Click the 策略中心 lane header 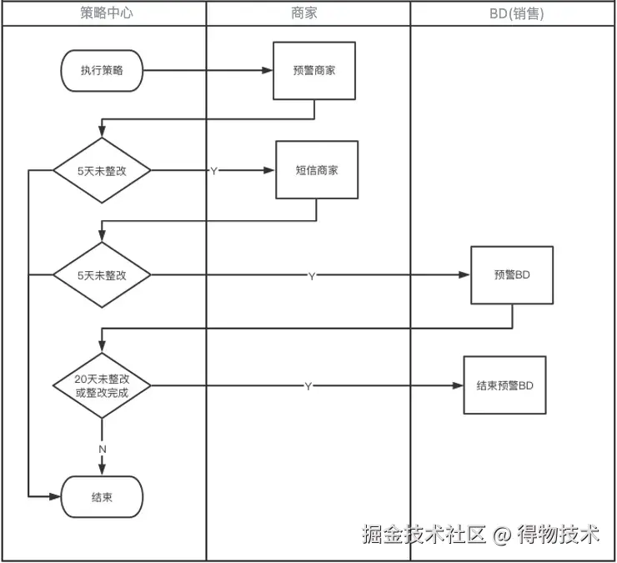107,13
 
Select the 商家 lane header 303,13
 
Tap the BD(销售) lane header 517,14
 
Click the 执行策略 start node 102,70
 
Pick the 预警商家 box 314,71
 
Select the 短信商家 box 317,169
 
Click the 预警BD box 512,275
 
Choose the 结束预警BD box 504,385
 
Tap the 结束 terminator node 102,497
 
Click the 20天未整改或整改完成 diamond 102,385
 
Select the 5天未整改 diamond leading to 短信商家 102,170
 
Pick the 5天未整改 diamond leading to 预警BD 102,274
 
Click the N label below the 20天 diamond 103,450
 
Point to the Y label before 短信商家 213,171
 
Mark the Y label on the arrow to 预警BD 312,276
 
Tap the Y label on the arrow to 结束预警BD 308,386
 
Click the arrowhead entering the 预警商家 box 268,70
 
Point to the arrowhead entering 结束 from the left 55,497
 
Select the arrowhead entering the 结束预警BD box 458,385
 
